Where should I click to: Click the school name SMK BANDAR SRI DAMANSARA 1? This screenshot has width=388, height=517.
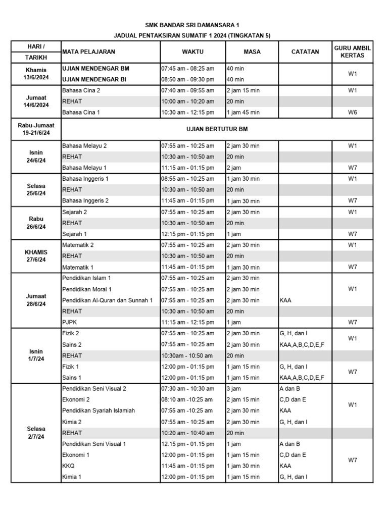pyautogui.click(x=194, y=24)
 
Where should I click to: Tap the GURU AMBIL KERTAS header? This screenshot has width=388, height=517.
pyautogui.click(x=352, y=51)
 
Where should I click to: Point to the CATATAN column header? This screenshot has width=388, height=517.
pyautogui.click(x=305, y=51)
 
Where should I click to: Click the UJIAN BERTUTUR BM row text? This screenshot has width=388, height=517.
pyautogui.click(x=217, y=129)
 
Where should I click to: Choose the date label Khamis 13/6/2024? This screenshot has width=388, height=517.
pyautogui.click(x=36, y=73)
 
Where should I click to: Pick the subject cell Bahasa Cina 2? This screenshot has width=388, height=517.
pyautogui.click(x=81, y=90)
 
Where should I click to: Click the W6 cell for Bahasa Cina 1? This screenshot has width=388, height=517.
pyautogui.click(x=352, y=113)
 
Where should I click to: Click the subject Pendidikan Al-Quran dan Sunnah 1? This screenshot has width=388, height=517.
pyautogui.click(x=107, y=300)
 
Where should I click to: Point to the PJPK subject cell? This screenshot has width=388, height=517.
pyautogui.click(x=70, y=322)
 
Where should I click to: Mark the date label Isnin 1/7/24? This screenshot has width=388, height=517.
pyautogui.click(x=36, y=355)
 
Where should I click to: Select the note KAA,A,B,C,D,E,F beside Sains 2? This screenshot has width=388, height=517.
pyautogui.click(x=302, y=344)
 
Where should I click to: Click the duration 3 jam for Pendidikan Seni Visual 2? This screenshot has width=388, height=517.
pyautogui.click(x=234, y=389)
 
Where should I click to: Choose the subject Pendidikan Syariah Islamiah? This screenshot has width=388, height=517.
pyautogui.click(x=99, y=411)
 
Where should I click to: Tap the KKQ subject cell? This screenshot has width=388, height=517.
pyautogui.click(x=69, y=466)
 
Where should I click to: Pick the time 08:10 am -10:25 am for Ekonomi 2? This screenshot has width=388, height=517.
pyautogui.click(x=186, y=400)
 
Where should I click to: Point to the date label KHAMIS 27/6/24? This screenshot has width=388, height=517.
pyautogui.click(x=36, y=256)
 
